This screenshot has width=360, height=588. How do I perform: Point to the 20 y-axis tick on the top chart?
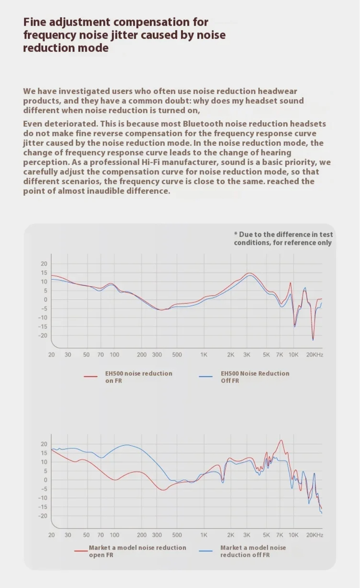(x=44, y=264)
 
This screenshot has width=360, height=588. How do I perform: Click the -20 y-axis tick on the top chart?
(x=43, y=335)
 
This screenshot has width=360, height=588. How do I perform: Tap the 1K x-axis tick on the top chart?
(x=204, y=355)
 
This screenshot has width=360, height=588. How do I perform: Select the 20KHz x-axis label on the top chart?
(x=314, y=355)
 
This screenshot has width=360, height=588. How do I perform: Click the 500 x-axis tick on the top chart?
(x=177, y=355)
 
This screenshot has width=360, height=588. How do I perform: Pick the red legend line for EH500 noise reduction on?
(x=91, y=377)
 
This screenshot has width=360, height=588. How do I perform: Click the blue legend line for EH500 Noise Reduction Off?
(x=206, y=377)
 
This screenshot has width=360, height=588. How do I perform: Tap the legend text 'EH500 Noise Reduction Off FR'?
(x=254, y=377)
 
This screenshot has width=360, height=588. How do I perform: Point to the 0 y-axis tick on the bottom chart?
(x=45, y=480)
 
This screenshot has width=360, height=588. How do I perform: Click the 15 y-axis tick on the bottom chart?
(x=44, y=453)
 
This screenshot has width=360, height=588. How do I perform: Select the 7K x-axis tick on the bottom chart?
(x=279, y=535)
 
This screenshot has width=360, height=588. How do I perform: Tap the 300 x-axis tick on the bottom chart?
(x=157, y=535)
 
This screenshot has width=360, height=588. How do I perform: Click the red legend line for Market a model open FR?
(x=81, y=551)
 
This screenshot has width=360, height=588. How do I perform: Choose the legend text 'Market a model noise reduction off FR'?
(x=253, y=551)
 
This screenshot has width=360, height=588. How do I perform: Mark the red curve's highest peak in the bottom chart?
(x=281, y=440)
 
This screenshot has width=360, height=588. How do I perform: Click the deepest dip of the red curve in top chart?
(x=313, y=339)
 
